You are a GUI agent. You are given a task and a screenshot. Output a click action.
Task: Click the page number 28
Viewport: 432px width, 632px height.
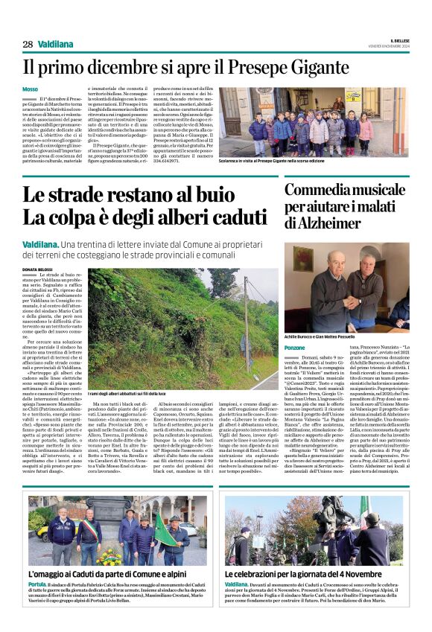click(28, 44)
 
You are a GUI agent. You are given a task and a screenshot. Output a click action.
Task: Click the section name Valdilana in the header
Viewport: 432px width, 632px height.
click(54, 44)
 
